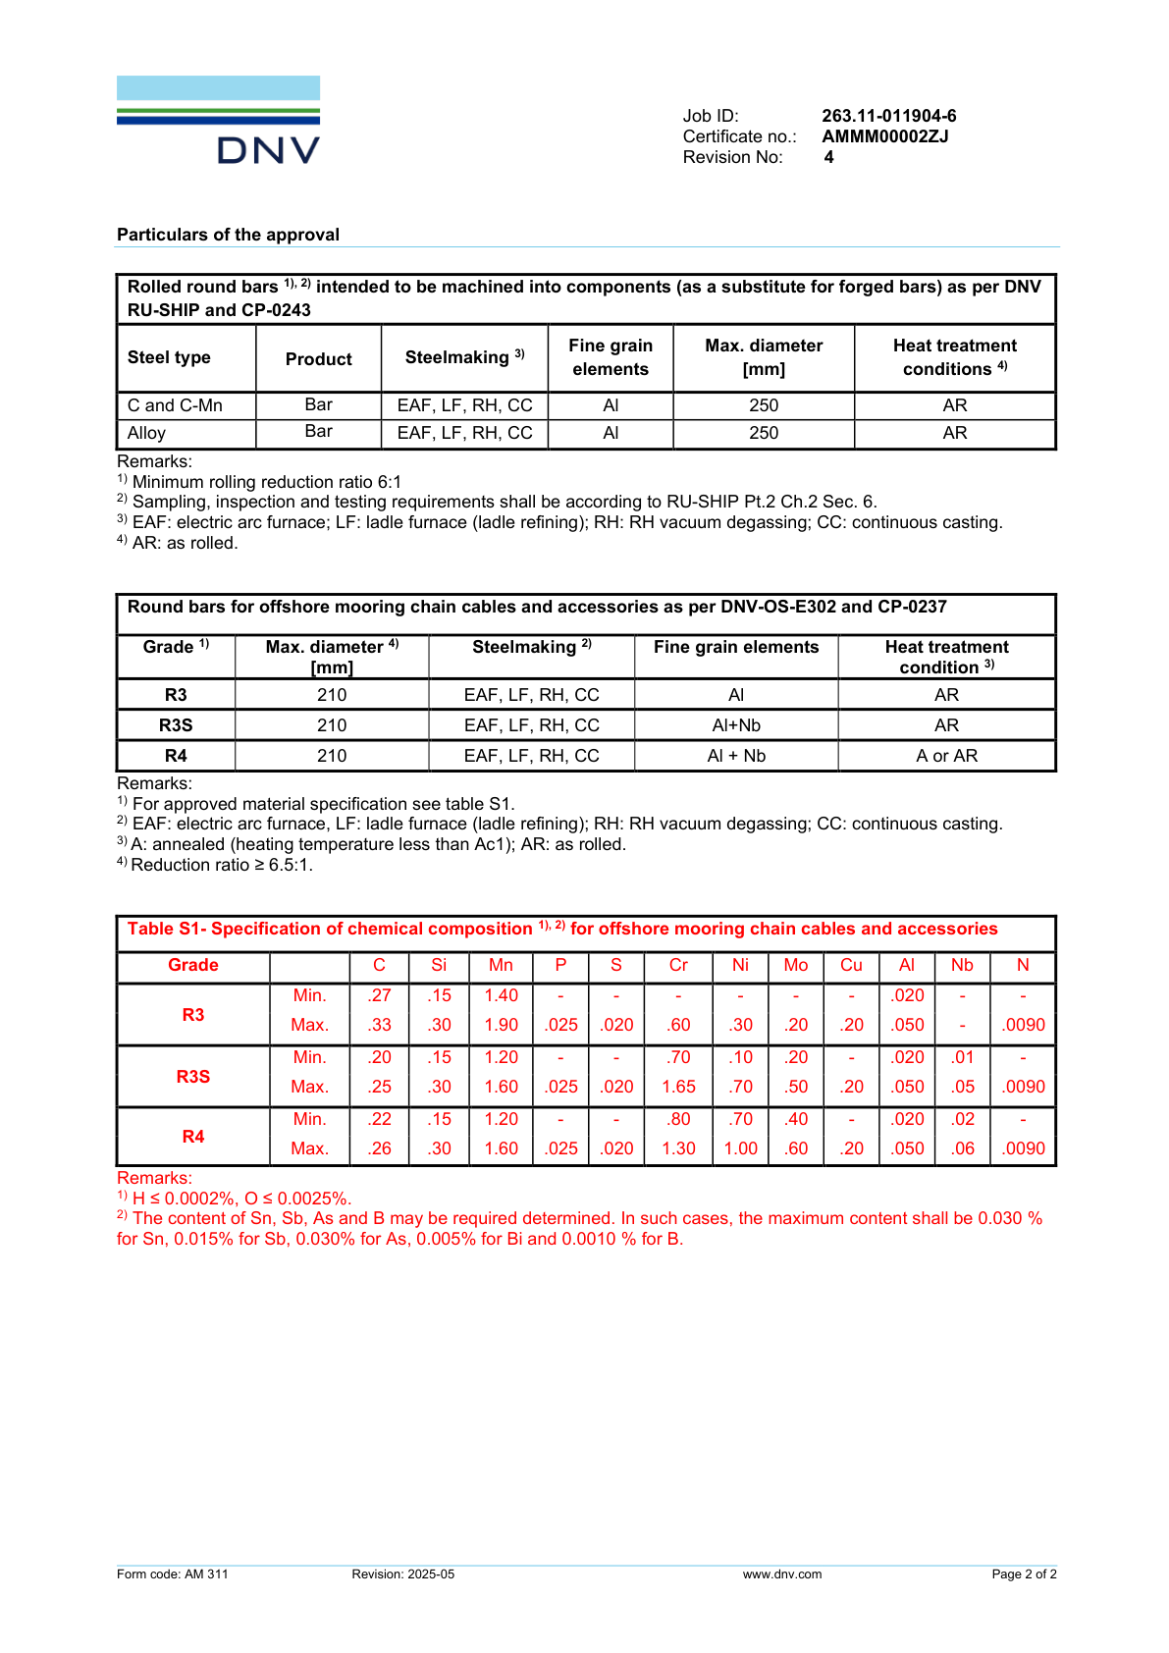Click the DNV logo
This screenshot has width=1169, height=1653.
point(218,120)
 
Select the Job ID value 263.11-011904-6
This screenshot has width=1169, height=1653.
point(888,116)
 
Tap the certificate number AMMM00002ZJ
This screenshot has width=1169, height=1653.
point(884,136)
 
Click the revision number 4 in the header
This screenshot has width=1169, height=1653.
point(828,157)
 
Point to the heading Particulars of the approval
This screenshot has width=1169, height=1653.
point(228,235)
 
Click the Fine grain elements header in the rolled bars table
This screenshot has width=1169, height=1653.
point(611,357)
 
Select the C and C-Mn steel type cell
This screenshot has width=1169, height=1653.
point(176,405)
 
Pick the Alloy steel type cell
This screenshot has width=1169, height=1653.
point(147,433)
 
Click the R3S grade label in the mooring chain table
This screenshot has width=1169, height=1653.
point(176,725)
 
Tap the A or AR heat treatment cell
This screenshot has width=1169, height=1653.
point(946,756)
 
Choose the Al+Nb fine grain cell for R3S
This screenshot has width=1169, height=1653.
point(736,725)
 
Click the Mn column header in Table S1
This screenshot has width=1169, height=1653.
point(501,965)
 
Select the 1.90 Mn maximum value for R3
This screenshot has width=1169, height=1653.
point(501,1025)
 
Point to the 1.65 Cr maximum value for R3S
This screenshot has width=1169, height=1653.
point(678,1087)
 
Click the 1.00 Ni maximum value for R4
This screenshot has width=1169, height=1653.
point(740,1148)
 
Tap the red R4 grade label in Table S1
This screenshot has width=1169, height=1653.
point(193,1137)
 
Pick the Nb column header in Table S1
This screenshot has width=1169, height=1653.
point(962,965)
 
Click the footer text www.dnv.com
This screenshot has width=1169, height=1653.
point(782,1574)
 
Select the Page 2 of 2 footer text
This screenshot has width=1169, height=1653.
point(1024,1574)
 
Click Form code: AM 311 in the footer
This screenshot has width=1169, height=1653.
point(173,1574)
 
